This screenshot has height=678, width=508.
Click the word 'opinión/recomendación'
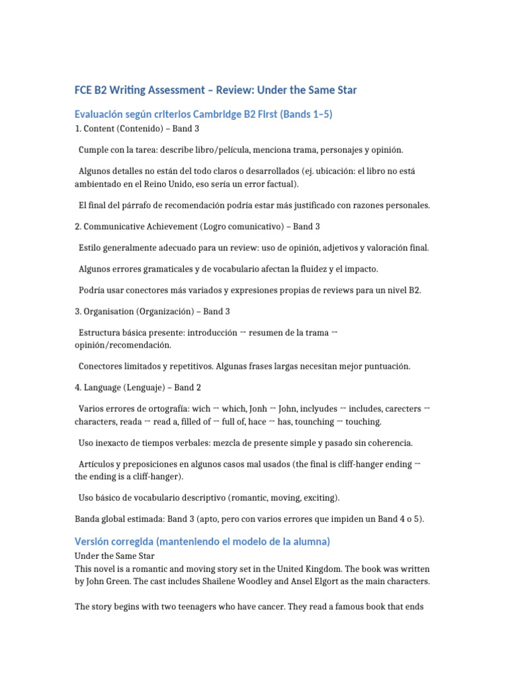125,345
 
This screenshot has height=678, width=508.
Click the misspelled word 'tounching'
313,422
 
